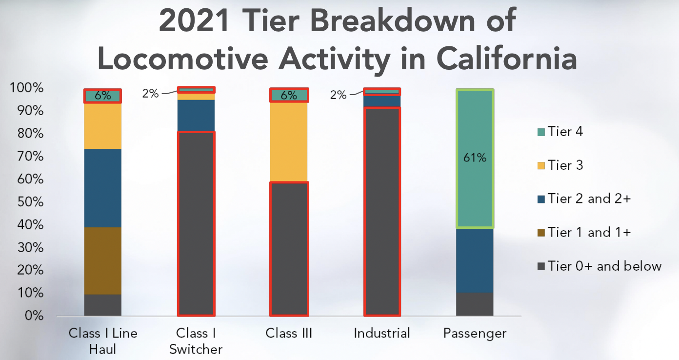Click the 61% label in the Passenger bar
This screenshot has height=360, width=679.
point(475,158)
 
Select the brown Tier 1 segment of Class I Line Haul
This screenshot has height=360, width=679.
point(102,260)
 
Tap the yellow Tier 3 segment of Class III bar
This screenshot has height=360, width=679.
point(289,142)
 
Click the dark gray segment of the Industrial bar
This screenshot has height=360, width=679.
point(382,211)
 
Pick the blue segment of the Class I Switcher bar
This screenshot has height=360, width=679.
point(196,116)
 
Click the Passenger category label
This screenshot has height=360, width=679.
point(475,334)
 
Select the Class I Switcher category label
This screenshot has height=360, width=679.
point(196,341)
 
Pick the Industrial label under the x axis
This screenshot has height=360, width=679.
point(382,334)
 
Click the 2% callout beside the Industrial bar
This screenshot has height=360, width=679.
point(338,95)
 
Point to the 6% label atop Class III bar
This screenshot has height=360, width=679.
point(289,96)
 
